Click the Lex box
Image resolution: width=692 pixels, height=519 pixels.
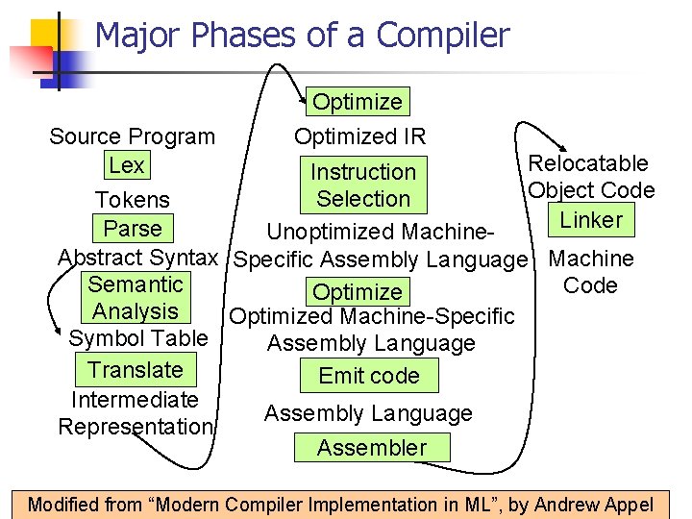126,165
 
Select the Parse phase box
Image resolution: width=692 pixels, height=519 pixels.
133,229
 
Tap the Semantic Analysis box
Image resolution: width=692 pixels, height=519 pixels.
135,298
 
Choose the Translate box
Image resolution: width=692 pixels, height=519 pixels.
135,370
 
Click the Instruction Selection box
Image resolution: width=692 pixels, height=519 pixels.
363,185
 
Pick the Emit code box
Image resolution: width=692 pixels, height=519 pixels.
369,375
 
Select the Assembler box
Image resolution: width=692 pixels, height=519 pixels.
371,447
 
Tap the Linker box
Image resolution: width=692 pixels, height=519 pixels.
591,220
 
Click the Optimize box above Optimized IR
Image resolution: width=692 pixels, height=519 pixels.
358,102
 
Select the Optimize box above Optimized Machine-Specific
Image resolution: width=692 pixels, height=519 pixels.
358,292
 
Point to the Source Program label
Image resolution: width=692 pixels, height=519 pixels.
133,136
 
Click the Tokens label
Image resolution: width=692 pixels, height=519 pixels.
133,200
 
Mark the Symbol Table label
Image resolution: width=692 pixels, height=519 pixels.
137,338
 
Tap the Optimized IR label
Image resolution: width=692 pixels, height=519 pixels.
359,136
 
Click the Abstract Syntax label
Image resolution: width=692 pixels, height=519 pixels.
138,258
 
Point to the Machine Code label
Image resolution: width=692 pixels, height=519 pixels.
590,272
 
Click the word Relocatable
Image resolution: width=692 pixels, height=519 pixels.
588,163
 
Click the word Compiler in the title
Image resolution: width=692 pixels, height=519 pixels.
443,36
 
